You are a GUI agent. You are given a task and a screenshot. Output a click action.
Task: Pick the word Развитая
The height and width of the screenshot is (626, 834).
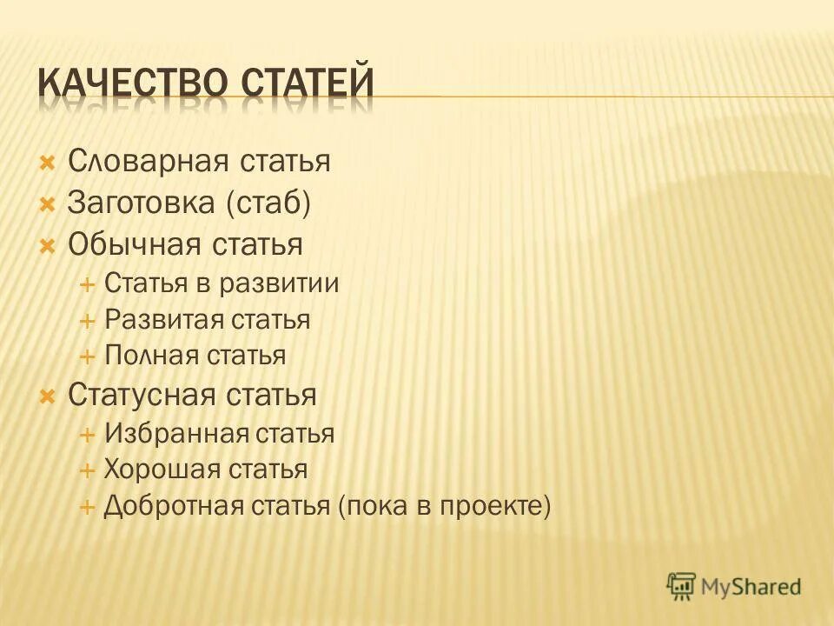(163, 319)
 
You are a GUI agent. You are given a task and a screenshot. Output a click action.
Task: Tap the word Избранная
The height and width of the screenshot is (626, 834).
(176, 433)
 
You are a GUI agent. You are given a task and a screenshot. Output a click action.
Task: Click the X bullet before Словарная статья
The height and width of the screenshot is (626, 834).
(48, 162)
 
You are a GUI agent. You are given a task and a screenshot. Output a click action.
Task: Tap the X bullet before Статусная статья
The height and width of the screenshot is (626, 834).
(48, 396)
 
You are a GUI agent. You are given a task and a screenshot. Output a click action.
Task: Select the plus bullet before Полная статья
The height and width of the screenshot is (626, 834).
(87, 356)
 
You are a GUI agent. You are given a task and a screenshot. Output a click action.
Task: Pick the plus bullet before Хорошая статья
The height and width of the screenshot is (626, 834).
(87, 470)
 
